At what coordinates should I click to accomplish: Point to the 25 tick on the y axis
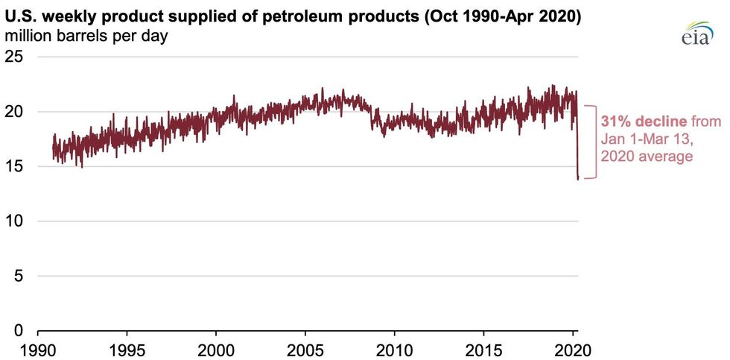coord(16,57)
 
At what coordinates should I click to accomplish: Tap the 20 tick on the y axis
coord(16,112)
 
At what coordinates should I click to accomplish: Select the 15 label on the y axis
coord(16,166)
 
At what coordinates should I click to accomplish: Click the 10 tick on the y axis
coord(16,221)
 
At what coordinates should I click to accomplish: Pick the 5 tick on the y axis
coord(21,277)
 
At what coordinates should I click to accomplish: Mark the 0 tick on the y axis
coord(21,331)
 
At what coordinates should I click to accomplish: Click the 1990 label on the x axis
coord(37,350)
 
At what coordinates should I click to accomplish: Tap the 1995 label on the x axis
coord(127,350)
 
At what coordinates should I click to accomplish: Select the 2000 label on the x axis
coord(216,350)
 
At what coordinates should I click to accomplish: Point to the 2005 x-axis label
coord(305,350)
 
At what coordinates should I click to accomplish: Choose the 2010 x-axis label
coord(395,350)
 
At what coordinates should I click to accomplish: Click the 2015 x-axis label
coord(484,350)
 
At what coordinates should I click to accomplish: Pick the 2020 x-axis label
coord(574,350)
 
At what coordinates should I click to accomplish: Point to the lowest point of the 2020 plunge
coord(578,179)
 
